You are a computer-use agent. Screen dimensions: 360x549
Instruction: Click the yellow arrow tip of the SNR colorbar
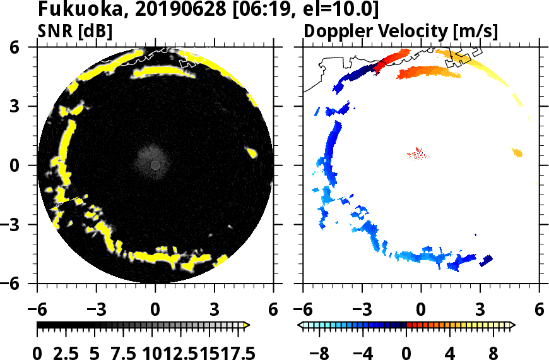coord(247,325)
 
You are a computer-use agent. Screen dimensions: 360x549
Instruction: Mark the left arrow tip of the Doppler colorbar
coord(300,325)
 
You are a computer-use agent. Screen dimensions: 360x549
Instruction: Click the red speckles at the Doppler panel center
coord(418,153)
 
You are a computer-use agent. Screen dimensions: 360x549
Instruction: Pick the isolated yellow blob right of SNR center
coord(251,152)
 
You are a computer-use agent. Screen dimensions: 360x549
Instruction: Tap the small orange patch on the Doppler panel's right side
coord(517,152)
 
